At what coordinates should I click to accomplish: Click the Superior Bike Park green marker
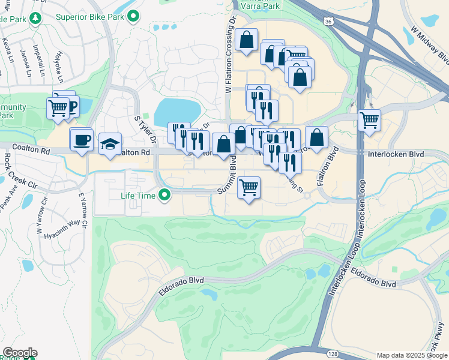click(134, 16)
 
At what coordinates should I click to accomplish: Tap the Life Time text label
click(139, 195)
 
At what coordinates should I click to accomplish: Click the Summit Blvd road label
click(229, 178)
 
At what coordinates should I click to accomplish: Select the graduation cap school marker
click(110, 143)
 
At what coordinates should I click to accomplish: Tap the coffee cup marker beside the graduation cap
click(81, 140)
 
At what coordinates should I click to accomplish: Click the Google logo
click(20, 352)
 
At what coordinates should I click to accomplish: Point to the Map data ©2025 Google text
click(411, 355)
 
